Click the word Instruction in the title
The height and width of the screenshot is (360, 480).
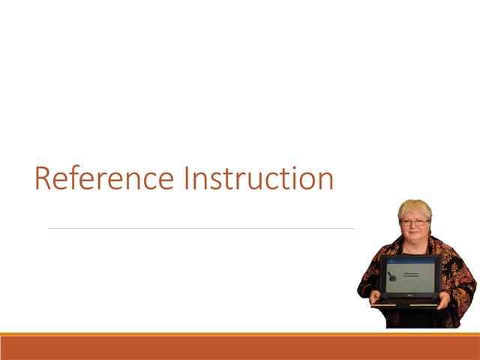258,179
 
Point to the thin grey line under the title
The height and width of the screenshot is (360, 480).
201,228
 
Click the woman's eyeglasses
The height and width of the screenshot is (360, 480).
415,223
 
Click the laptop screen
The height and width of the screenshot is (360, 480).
410,275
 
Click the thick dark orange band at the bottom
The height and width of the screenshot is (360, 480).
240,348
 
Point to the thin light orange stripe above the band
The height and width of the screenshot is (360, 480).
240,334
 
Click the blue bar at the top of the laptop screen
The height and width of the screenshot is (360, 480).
410,260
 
